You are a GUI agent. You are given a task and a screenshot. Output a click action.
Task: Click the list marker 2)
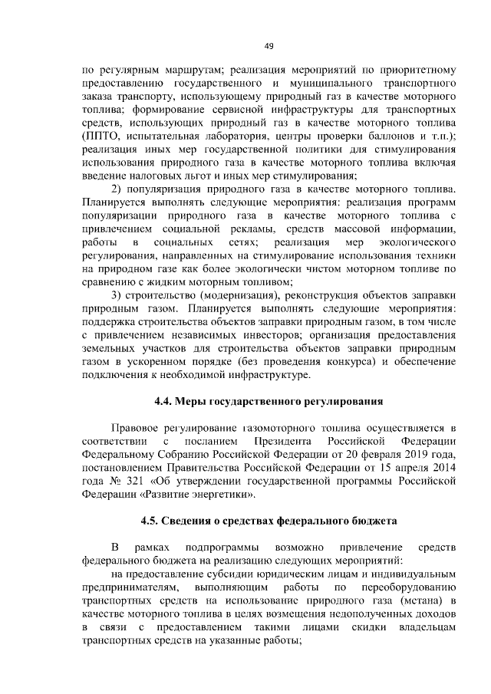coord(118,189)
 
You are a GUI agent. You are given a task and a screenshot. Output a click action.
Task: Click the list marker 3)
coord(118,296)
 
